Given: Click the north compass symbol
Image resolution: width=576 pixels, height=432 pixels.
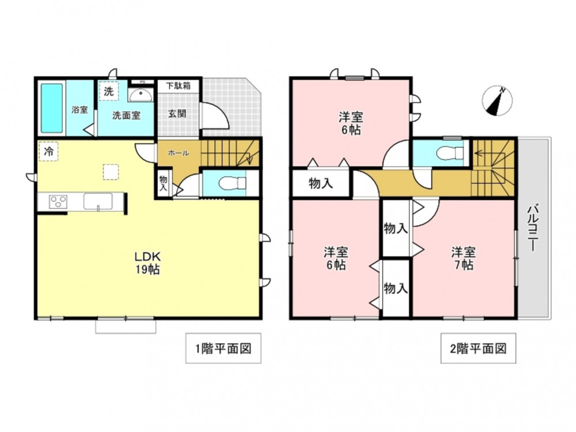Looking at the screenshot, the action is [x=497, y=101].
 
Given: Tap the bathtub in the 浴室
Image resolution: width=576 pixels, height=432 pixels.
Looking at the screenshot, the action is [x=51, y=108].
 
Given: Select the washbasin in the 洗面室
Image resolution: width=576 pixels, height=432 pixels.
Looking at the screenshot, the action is [x=141, y=94].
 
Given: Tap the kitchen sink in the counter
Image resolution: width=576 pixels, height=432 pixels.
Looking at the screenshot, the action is [x=98, y=202].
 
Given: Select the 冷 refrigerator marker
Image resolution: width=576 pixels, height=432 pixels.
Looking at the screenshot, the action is [x=48, y=151].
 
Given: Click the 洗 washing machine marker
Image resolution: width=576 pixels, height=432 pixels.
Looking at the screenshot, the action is [x=108, y=91].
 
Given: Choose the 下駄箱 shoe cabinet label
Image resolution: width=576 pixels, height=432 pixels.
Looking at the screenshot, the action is [x=178, y=86].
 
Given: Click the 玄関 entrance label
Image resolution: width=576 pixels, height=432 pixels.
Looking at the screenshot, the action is [x=177, y=113].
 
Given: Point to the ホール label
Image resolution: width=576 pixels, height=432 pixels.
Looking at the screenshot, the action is [x=179, y=153].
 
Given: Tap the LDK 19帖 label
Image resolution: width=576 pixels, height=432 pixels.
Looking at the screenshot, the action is [x=147, y=263].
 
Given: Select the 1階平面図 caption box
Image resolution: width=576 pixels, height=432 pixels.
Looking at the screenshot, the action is [x=223, y=348].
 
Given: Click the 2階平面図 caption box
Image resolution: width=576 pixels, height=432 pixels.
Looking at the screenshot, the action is [x=478, y=348].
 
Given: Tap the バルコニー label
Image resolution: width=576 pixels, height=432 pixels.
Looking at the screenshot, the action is [x=533, y=228].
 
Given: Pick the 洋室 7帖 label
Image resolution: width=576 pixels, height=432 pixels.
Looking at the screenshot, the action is [x=464, y=258].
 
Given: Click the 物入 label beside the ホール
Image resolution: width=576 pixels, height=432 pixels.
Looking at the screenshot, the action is [x=163, y=183].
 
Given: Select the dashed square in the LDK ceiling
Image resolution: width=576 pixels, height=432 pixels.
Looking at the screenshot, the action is [x=111, y=172].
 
